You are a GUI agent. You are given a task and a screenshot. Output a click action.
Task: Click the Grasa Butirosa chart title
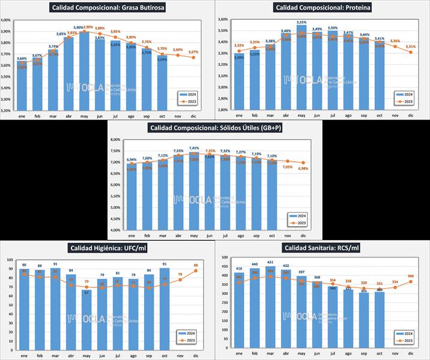(109, 8)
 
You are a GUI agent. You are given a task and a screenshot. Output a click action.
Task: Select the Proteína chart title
(322, 8)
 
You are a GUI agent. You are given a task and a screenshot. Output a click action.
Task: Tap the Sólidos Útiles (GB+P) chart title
(216, 128)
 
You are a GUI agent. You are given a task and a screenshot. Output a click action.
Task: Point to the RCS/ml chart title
(322, 248)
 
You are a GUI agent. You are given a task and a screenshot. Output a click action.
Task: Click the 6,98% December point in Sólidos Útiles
(303, 163)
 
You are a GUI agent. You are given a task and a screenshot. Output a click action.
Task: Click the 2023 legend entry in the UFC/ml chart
(189, 340)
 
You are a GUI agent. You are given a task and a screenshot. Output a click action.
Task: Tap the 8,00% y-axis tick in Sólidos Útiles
(114, 140)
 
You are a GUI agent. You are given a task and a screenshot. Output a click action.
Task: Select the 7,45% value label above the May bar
(194, 148)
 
